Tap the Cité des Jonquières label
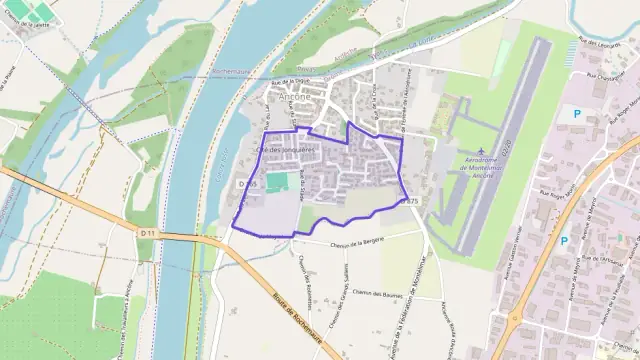click(286, 148)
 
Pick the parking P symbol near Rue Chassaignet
click(575, 114)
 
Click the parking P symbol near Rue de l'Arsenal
click(564, 240)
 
